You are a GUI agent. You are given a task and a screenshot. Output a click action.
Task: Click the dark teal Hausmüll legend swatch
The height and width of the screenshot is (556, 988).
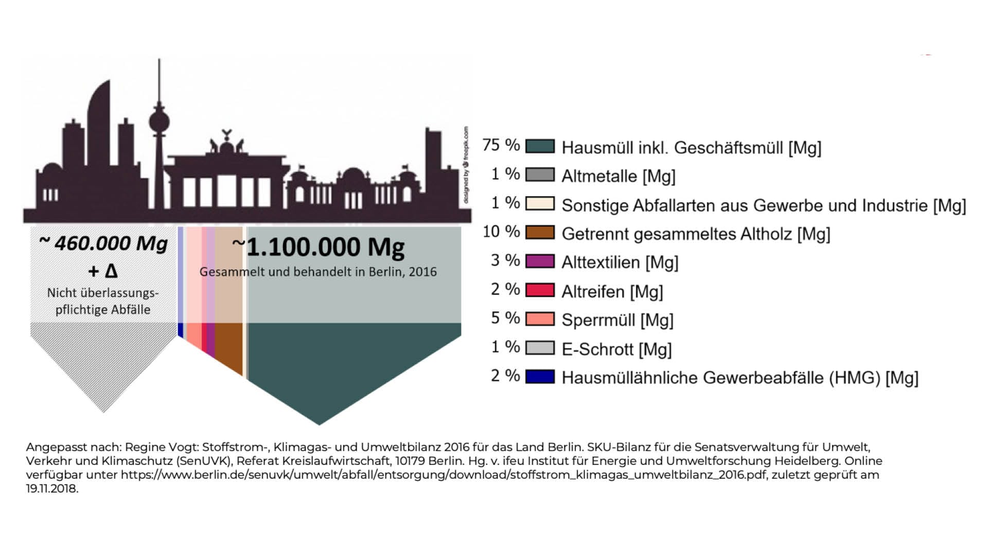coord(540,146)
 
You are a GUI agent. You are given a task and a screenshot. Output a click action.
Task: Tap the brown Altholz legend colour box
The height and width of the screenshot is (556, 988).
coord(540,233)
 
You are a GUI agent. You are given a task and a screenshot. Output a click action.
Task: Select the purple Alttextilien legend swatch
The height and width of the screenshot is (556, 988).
coord(540,262)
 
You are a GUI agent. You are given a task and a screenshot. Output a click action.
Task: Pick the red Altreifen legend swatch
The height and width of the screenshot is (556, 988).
coord(540,290)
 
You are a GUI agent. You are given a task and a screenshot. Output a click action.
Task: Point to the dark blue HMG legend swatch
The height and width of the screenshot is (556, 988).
coord(540,377)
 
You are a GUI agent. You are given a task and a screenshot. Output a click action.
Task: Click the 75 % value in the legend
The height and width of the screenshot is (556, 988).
coord(501,145)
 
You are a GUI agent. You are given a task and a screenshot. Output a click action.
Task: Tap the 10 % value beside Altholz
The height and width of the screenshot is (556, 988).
coord(501,232)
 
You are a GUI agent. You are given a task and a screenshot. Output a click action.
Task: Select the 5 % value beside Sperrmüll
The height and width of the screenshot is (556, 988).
coord(505,318)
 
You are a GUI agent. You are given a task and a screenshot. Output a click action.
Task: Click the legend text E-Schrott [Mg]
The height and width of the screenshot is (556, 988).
coord(616,350)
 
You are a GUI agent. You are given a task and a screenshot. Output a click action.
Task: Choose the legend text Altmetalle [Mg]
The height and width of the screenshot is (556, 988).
coord(618,176)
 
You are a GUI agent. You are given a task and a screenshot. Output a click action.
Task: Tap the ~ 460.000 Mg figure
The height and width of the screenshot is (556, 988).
coord(103,243)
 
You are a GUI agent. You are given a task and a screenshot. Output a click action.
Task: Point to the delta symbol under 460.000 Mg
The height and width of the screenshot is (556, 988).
coord(111,271)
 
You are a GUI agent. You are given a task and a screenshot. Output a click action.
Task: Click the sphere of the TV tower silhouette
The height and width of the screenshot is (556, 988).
coord(159,123)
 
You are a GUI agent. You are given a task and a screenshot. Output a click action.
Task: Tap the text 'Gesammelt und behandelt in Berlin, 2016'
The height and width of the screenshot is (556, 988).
coord(318,272)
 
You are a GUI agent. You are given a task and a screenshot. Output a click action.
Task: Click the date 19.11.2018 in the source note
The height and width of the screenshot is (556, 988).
coord(51,489)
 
